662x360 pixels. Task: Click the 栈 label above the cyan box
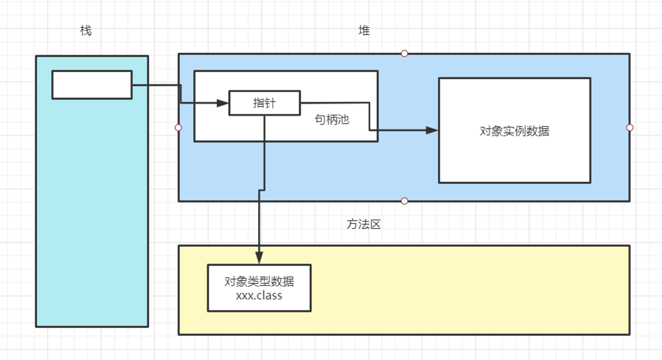click(x=86, y=30)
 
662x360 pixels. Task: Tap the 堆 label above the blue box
click(x=364, y=30)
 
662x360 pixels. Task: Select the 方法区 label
click(x=364, y=224)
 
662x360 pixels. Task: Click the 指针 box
click(x=264, y=103)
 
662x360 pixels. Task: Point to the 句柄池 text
click(x=332, y=119)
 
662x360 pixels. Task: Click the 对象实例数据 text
click(x=515, y=131)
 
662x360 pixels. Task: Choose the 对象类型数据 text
click(x=259, y=281)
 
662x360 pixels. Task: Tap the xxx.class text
click(x=259, y=295)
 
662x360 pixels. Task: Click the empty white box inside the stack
click(x=92, y=85)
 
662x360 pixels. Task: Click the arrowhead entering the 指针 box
click(x=222, y=103)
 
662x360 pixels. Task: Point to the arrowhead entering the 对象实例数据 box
click(x=432, y=130)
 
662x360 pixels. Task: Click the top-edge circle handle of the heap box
click(x=404, y=54)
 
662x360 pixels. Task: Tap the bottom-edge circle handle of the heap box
click(x=404, y=201)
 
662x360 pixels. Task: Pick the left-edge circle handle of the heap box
click(x=178, y=128)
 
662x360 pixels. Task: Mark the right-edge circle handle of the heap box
click(x=630, y=128)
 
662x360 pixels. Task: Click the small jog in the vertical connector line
click(x=262, y=190)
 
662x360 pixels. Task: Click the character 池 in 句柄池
click(x=344, y=119)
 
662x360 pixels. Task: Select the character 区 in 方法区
click(x=375, y=224)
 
